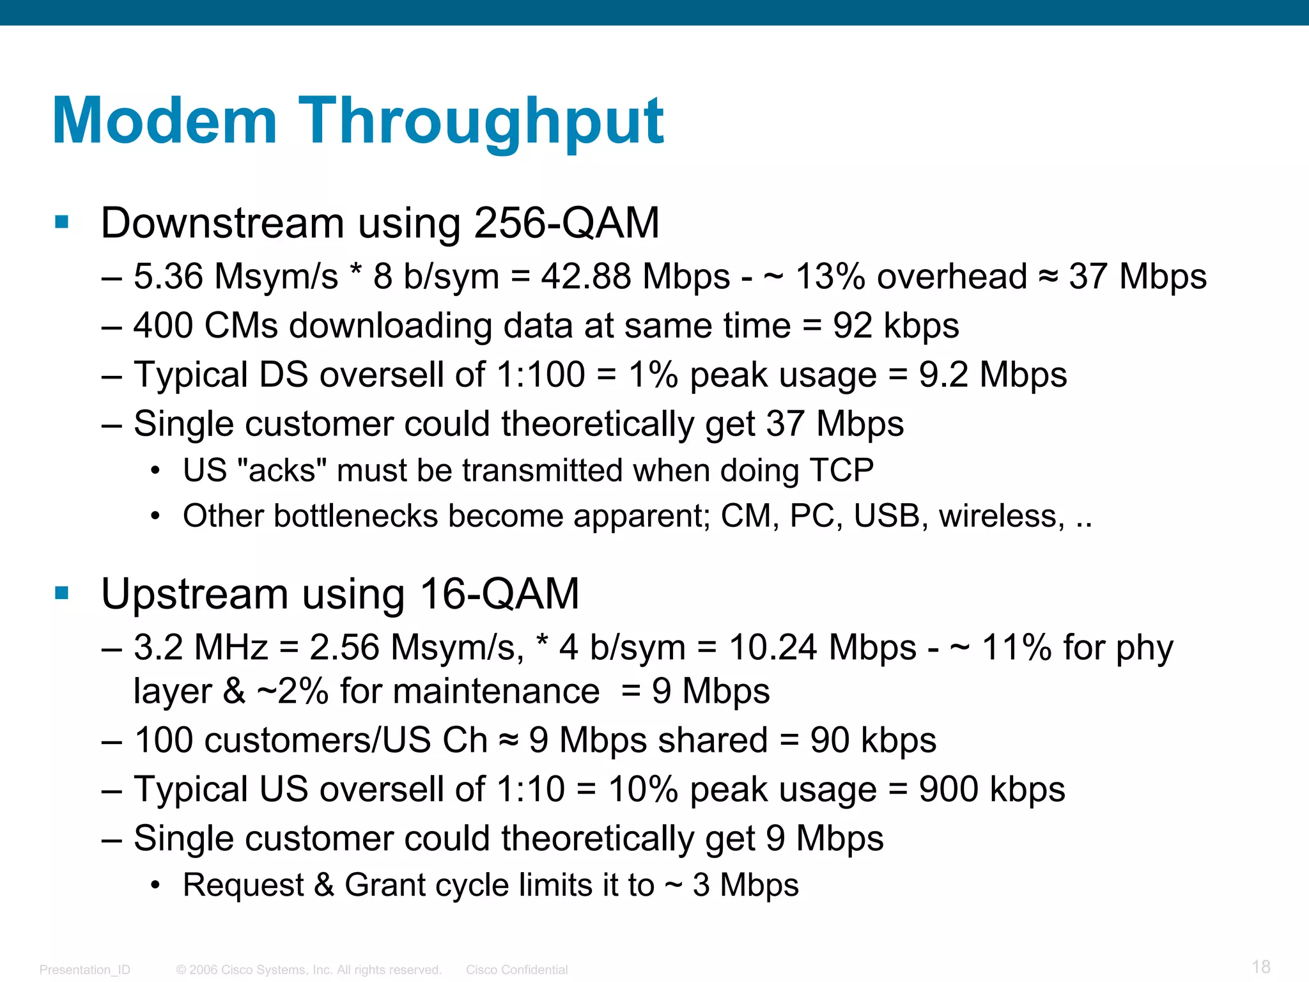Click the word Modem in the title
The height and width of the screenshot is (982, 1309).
tap(164, 121)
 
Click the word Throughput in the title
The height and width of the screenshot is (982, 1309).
tap(481, 121)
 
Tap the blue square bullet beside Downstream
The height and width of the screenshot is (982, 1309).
tap(62, 222)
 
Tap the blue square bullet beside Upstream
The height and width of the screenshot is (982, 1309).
tap(62, 593)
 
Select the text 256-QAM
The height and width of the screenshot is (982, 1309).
tap(566, 223)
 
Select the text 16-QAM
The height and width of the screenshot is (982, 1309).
tap(499, 593)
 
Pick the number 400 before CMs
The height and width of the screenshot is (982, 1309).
tap(162, 325)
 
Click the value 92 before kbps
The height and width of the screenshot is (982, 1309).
tap(852, 325)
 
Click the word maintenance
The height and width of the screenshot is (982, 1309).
tap(470, 691)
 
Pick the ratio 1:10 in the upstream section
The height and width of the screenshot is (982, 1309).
tap(530, 789)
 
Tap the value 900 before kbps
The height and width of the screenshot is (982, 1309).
tap(949, 789)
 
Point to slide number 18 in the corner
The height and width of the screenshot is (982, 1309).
tap(1260, 967)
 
